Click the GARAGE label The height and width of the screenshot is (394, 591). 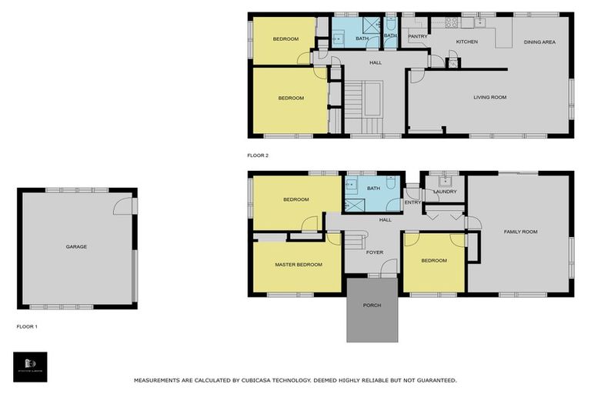pos(76,247)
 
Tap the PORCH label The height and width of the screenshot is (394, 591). pos(372,306)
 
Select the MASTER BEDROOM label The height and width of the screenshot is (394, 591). pos(298,265)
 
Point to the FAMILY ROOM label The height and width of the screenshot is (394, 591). pos(520,232)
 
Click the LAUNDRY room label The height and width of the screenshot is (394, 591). pos(445,192)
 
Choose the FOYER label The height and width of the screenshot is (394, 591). pos(374,252)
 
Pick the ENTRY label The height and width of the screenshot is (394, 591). pos(412,202)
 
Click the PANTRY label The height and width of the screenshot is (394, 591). pos(417,36)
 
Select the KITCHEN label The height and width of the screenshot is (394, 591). pos(466,42)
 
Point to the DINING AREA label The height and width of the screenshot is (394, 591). pos(539,42)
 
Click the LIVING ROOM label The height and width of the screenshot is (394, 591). pos(489,97)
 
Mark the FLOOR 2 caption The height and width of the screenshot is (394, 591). pos(258,155)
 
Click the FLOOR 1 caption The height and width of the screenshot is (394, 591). pos(27,326)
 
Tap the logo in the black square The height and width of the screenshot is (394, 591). pos(30,366)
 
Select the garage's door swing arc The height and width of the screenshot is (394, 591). pos(123,205)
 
